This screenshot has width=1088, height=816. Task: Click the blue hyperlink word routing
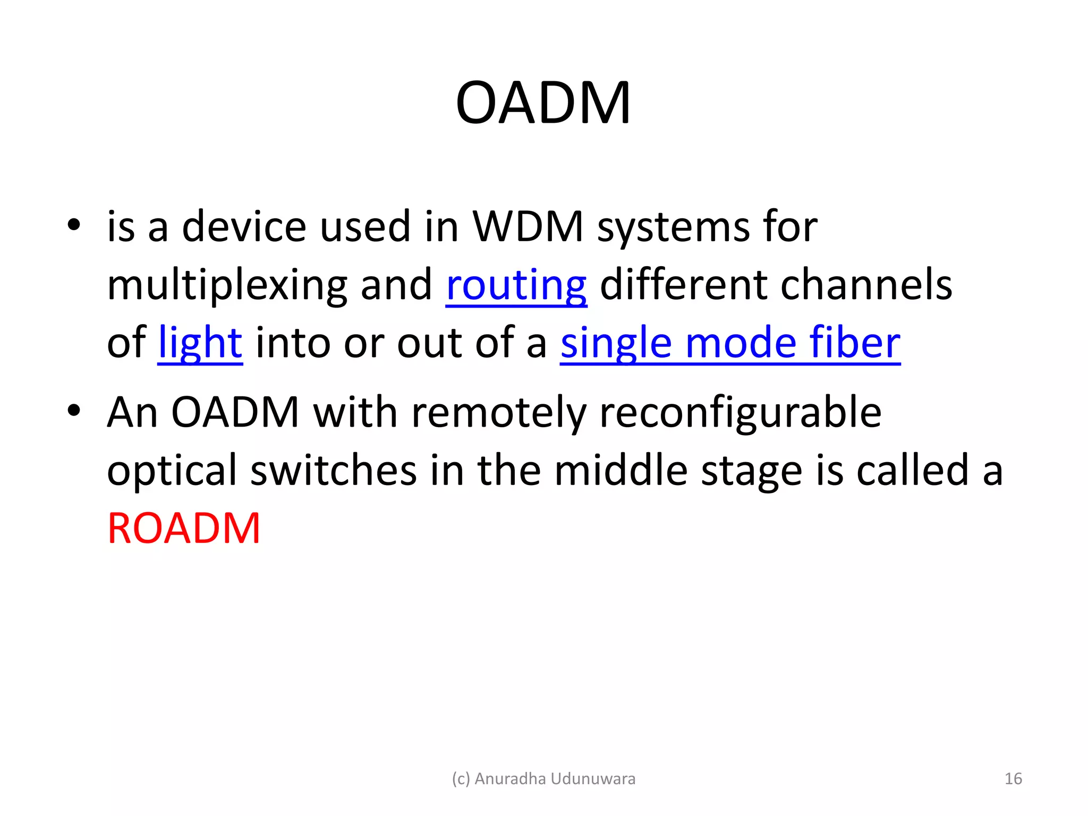tap(516, 285)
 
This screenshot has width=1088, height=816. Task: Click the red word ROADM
tap(183, 529)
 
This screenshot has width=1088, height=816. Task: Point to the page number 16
tap(1013, 779)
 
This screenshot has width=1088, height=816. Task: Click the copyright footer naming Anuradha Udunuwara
tap(543, 779)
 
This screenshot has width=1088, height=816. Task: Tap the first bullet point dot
tap(74, 225)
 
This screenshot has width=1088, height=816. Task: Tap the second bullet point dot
tap(74, 411)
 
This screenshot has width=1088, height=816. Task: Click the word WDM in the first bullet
tap(528, 227)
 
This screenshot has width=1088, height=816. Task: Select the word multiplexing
tap(226, 286)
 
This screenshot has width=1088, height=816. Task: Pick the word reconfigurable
tap(740, 413)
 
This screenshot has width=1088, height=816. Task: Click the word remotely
tap(498, 413)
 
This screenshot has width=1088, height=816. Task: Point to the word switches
tap(333, 471)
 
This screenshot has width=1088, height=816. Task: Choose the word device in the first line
tap(244, 227)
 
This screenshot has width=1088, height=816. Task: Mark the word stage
tap(751, 472)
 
